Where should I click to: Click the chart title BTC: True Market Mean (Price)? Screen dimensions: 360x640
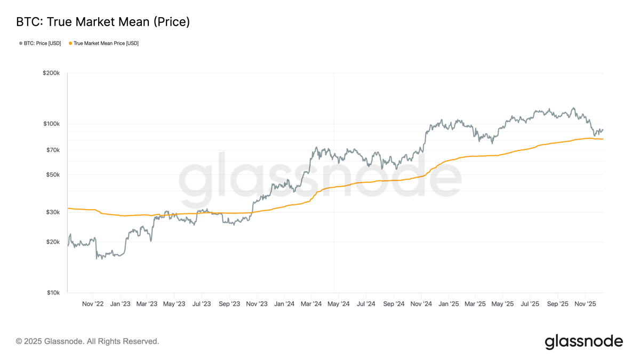coord(103,22)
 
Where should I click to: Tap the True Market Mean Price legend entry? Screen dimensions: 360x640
coord(106,43)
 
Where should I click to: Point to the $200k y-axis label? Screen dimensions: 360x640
coord(51,73)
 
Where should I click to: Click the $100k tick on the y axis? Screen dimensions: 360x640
coord(51,124)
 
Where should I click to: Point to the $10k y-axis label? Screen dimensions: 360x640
coord(53,293)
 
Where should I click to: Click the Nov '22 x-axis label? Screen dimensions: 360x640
coord(93,304)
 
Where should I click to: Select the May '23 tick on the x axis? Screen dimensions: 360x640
coord(174,304)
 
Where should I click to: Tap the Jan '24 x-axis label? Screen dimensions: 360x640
coord(284,304)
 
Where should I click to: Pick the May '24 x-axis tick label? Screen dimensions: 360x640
coord(338,304)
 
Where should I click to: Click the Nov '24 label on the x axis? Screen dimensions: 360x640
coord(421,304)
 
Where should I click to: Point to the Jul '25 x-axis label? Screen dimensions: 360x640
coord(530,304)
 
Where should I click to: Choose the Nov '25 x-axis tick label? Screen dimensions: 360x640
coord(585,304)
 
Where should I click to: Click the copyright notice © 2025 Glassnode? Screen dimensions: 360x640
coord(87,341)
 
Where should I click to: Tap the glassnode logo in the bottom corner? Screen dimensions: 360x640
coord(583,341)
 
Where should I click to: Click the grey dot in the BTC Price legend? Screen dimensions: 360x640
coord(21,43)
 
